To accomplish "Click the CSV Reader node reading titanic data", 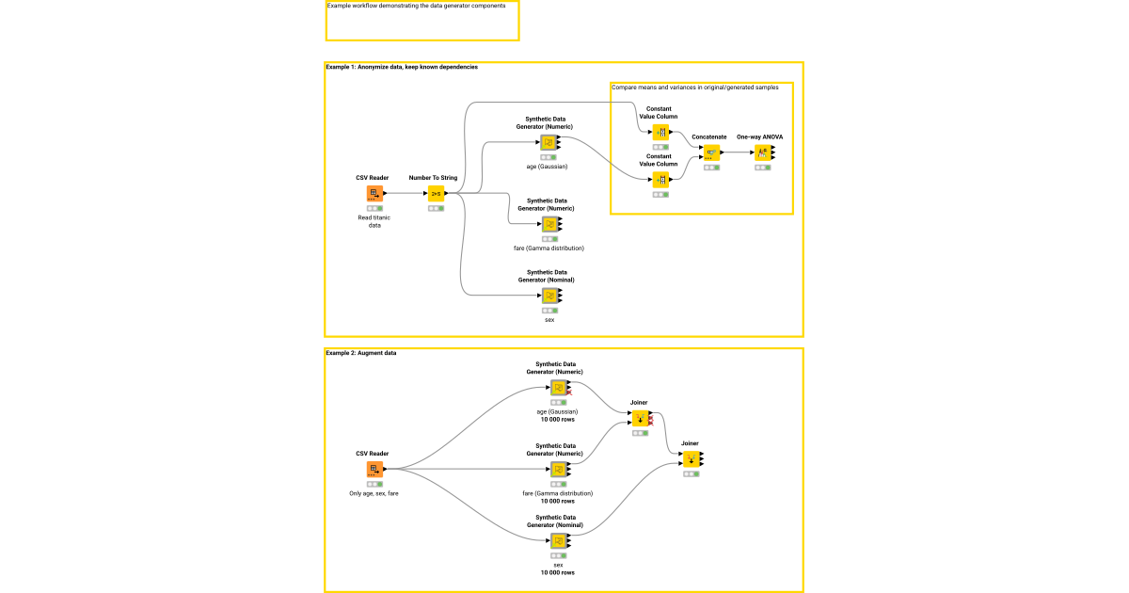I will click(x=374, y=194).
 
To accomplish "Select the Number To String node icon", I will click(x=436, y=194).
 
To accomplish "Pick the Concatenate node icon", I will click(x=711, y=152).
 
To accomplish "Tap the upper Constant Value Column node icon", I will click(x=660, y=133).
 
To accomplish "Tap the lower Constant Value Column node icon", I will click(x=660, y=180).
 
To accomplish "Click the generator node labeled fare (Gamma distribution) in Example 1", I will click(x=549, y=224).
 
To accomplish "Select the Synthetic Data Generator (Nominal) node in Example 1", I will click(x=549, y=296).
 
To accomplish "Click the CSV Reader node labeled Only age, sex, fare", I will click(x=374, y=470).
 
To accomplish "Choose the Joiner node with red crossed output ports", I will click(x=640, y=418).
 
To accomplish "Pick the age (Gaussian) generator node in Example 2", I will click(x=558, y=388).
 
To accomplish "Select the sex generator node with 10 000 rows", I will click(x=558, y=541).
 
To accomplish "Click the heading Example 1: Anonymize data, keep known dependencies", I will click(x=402, y=68).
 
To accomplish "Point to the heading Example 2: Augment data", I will click(x=361, y=353).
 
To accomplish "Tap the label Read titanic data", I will click(x=374, y=221).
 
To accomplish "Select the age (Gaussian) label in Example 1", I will click(x=547, y=167).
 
